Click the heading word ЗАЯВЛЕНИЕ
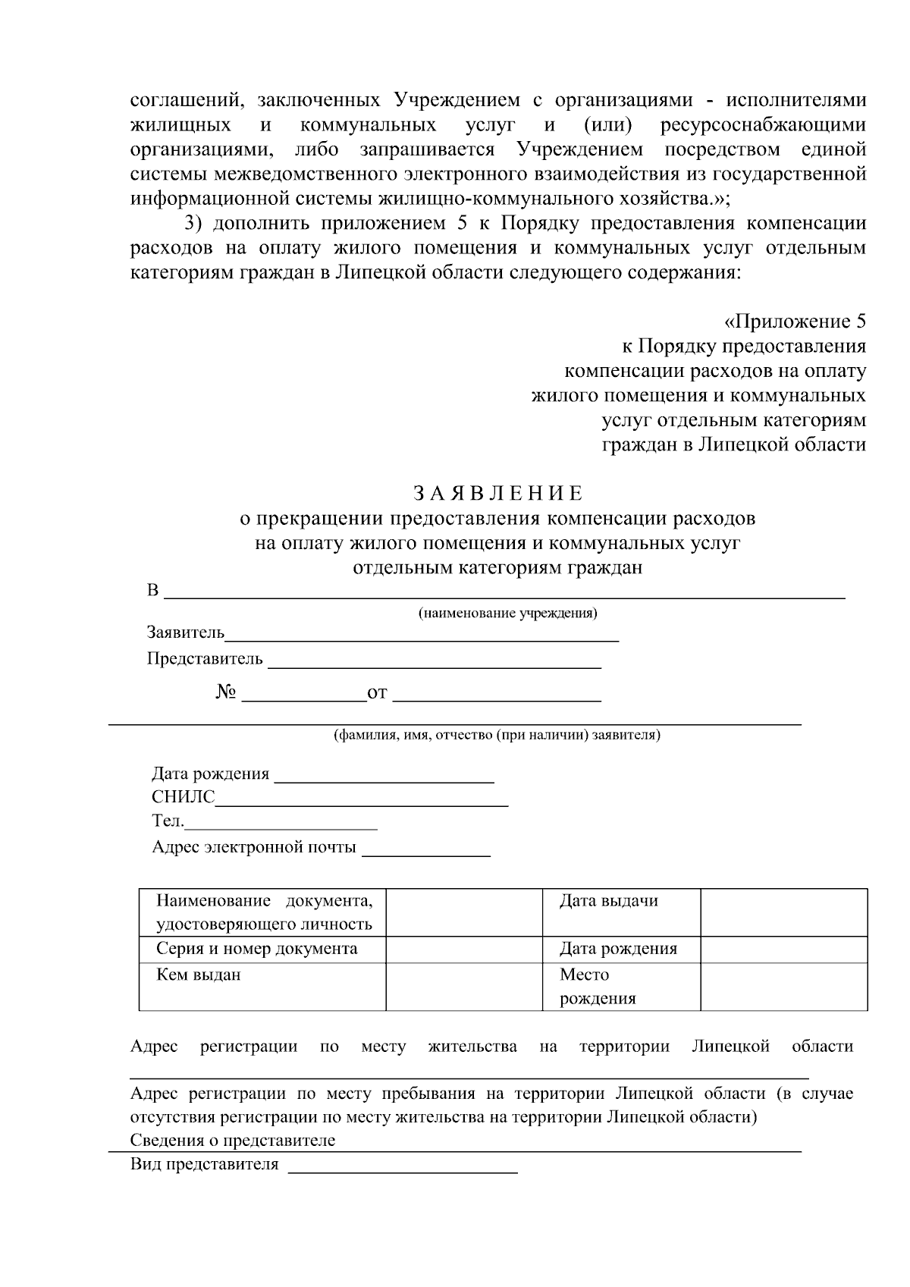[x=498, y=494]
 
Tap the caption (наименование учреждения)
[x=507, y=613]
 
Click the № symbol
[x=226, y=692]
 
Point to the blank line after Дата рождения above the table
[x=384, y=780]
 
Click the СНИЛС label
[x=183, y=797]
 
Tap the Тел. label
[x=168, y=821]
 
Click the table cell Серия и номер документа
[x=256, y=949]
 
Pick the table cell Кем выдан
[x=199, y=975]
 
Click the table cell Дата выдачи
[x=608, y=901]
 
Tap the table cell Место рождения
[x=598, y=986]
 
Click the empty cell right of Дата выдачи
[x=783, y=912]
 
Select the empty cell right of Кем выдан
[x=463, y=987]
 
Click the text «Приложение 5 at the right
[x=795, y=322]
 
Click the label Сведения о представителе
[x=233, y=1141]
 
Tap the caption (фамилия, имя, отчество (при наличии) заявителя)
[x=497, y=735]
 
